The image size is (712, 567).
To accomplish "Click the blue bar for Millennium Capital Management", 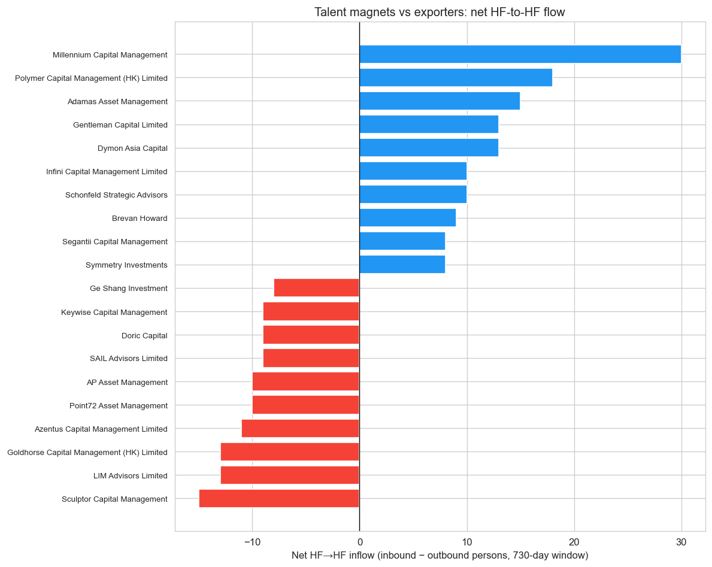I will click(520, 54).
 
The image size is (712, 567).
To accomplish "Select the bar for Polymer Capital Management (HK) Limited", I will click(456, 78).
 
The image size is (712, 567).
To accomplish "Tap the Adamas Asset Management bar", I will click(440, 101).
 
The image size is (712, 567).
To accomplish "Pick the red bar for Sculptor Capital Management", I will click(279, 499).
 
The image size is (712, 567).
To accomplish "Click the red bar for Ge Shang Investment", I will click(317, 288).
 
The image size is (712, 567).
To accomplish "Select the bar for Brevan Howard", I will click(407, 218).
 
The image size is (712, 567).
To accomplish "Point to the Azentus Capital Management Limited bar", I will click(301, 429).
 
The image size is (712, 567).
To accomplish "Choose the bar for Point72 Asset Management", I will click(306, 405).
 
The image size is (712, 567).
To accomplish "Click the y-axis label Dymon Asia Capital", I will click(132, 148).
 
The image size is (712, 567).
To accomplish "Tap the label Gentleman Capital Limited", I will click(120, 125).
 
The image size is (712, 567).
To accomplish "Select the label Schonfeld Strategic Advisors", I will click(116, 195).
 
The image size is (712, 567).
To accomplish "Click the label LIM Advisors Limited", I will click(131, 475).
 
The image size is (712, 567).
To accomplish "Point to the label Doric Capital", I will click(144, 335).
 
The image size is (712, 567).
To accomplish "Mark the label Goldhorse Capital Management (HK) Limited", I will click(87, 452).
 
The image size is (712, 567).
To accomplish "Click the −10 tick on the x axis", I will click(252, 542).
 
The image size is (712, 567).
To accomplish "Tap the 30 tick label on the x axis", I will click(681, 542).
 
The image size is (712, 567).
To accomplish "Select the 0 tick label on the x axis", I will click(359, 542).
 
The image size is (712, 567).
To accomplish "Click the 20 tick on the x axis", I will click(574, 542).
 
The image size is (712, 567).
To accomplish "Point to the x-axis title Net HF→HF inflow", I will click(440, 556).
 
